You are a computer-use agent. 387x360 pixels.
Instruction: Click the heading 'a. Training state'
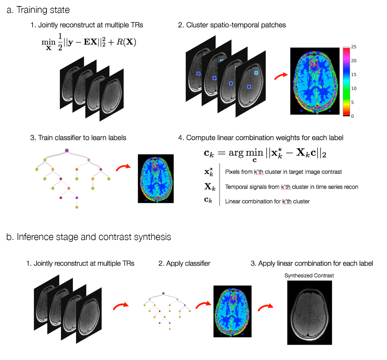[38, 10]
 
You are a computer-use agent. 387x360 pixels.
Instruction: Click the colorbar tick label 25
[353, 47]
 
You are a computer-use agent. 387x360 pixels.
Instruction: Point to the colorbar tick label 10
[353, 88]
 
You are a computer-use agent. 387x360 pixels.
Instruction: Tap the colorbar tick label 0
[352, 116]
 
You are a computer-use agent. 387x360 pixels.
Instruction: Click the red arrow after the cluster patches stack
[280, 76]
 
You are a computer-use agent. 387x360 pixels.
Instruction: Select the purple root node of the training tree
[67, 150]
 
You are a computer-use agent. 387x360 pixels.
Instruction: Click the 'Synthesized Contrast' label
[309, 276]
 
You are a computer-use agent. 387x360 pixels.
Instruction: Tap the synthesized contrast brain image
[309, 312]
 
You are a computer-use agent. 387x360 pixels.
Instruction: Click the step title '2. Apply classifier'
[184, 263]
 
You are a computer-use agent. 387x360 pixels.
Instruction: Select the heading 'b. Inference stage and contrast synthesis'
[89, 237]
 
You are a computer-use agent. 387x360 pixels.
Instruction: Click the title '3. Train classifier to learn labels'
[78, 138]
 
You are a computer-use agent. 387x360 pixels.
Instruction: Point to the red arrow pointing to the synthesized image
[265, 307]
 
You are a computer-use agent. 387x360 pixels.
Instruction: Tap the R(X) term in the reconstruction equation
[126, 42]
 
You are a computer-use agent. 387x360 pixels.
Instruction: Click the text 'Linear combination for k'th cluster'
[267, 201]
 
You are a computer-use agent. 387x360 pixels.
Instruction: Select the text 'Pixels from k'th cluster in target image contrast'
[283, 172]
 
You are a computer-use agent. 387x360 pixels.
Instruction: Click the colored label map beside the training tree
[155, 179]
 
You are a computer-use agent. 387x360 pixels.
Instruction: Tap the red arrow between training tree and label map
[123, 168]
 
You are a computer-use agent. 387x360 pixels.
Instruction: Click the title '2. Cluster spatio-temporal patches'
[232, 25]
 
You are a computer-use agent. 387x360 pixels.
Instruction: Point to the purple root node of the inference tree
[163, 293]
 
